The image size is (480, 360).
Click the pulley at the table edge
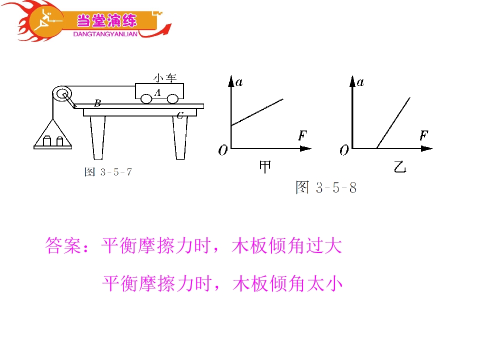(62, 94)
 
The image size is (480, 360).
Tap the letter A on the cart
(157, 92)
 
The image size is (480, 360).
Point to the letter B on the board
(97, 103)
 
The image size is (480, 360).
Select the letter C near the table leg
(180, 115)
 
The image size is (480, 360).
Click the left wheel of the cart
(146, 99)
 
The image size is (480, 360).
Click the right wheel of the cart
(172, 99)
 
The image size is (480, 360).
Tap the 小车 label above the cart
(165, 78)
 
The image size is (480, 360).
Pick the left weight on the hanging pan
(47, 141)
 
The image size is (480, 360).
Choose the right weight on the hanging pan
(60, 141)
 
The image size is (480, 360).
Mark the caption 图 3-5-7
(108, 172)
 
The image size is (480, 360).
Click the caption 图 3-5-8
(326, 187)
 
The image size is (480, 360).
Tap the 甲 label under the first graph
(265, 167)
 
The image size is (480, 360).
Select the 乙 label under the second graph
(400, 167)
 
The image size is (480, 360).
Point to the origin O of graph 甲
(223, 150)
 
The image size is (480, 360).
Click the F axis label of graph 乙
(424, 135)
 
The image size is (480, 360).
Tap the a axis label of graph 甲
(239, 82)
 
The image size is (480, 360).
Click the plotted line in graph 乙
(393, 123)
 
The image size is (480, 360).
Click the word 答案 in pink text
(63, 245)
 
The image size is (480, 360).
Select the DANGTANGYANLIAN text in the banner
(105, 34)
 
